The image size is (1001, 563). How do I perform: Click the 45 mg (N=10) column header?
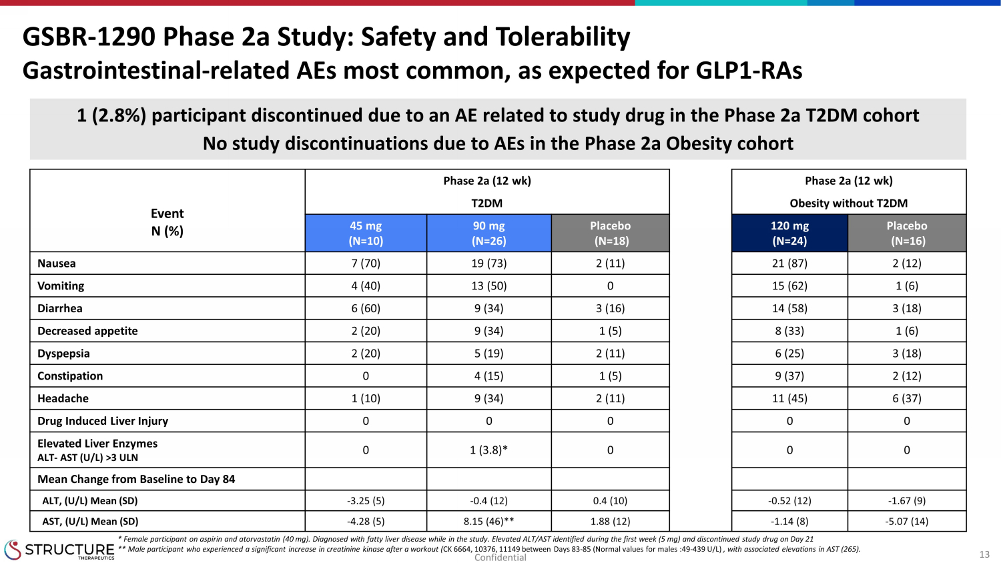click(x=366, y=233)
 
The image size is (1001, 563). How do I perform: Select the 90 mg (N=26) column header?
click(x=488, y=233)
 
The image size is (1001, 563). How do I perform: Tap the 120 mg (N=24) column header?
click(x=789, y=233)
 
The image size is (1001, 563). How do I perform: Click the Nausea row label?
click(x=57, y=263)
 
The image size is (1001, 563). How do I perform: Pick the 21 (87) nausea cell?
click(x=789, y=263)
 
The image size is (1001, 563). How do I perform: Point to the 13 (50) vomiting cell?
click(x=488, y=286)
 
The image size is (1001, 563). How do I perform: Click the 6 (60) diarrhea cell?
click(x=366, y=308)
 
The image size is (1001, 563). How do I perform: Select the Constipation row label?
click(x=70, y=376)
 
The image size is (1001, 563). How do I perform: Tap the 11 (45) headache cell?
click(x=789, y=398)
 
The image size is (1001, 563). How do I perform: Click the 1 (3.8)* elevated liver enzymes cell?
click(x=488, y=450)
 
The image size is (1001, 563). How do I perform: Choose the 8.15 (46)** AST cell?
click(x=488, y=522)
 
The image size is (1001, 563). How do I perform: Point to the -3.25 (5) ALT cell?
click(x=366, y=501)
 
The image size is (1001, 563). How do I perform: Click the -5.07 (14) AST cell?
click(x=906, y=522)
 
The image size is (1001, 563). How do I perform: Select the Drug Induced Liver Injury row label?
click(x=103, y=421)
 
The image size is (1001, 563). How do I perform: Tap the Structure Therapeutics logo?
click(x=59, y=550)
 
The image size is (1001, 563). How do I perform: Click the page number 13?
click(x=984, y=554)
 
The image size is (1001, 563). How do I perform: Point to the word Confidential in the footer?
click(x=500, y=558)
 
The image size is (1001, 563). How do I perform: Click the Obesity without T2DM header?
click(x=848, y=203)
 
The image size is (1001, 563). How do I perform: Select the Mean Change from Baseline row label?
click(x=136, y=479)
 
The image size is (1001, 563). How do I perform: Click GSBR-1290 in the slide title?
click(x=89, y=37)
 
